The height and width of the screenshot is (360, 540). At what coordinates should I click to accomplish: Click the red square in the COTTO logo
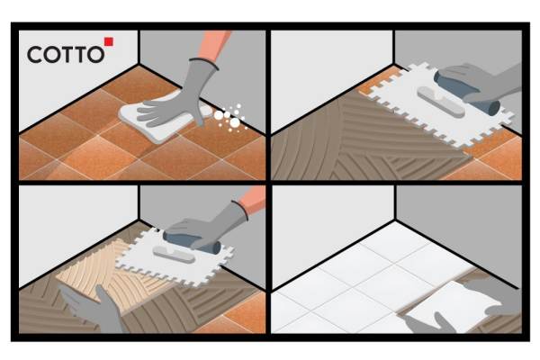tap(109, 41)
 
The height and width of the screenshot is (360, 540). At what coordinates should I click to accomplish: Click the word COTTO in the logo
tap(66, 55)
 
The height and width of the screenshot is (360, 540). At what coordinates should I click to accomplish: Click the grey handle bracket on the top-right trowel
tap(442, 102)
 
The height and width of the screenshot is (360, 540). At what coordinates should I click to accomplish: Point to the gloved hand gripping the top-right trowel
tap(482, 83)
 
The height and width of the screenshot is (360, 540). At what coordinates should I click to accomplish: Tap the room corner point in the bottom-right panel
tap(395, 220)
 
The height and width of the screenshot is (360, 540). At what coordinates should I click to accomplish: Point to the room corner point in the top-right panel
tap(393, 65)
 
